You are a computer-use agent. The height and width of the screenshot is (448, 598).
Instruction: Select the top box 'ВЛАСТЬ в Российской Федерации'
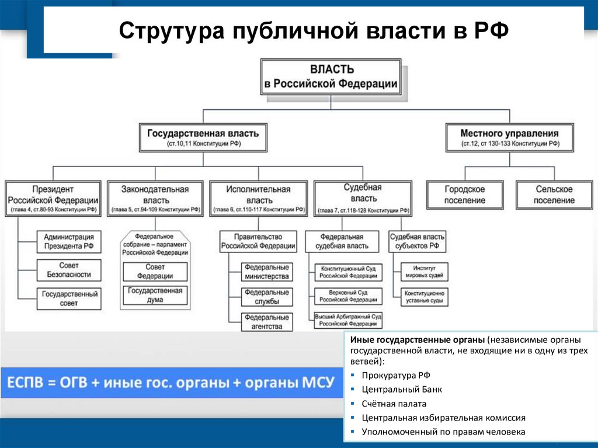331,77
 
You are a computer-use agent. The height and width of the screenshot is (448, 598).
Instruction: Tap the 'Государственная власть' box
203,138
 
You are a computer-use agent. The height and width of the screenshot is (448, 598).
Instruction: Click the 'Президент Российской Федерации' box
52,199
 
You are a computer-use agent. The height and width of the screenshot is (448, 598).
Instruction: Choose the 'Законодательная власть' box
155,199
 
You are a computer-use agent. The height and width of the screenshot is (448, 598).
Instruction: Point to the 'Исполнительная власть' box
258,199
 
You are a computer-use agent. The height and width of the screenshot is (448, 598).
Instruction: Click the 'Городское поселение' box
464,195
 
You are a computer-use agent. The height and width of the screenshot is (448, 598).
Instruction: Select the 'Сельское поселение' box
554,195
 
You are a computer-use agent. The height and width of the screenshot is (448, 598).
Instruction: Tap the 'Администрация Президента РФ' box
68,242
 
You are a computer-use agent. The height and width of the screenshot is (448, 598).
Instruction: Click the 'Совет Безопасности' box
68,270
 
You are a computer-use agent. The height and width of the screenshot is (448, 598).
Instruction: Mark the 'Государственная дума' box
155,295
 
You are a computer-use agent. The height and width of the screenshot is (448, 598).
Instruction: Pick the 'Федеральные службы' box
267,297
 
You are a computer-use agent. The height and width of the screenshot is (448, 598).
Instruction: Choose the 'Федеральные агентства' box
267,322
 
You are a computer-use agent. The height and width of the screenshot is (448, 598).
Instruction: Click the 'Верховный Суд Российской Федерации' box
348,296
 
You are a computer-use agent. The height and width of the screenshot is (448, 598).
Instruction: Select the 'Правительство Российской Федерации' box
258,241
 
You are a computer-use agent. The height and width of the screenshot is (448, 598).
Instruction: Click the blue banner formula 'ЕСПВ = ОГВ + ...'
171,383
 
